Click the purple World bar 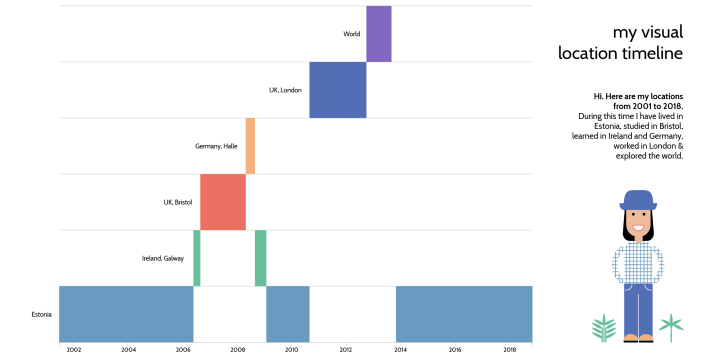tap(378, 33)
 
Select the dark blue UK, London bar tap(337, 90)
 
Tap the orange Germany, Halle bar tap(250, 146)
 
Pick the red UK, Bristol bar tap(222, 202)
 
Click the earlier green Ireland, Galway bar tap(197, 258)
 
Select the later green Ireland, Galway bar tap(260, 258)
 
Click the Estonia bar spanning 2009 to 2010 tap(287, 314)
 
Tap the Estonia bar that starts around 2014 tap(463, 314)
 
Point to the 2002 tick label tap(73, 350)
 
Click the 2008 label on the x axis tap(237, 350)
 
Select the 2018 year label tap(509, 350)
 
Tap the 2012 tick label tap(345, 350)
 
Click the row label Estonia tap(42, 314)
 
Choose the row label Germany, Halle tap(216, 146)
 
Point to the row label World tap(351, 34)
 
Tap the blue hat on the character tap(636, 199)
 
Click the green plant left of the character tap(603, 327)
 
